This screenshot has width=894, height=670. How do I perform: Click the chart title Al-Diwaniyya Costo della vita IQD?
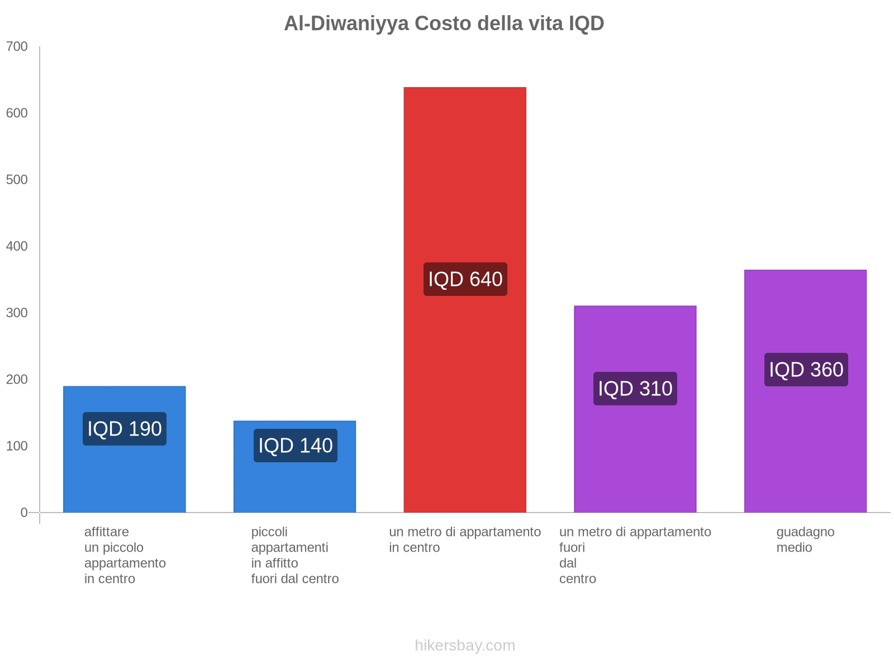pos(444,23)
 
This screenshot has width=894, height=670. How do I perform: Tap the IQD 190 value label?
pos(125,429)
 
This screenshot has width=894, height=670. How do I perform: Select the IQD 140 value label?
pos(295,446)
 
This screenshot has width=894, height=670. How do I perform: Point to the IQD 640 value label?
pos(465,279)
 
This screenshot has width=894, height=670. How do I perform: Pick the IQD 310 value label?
pos(635,389)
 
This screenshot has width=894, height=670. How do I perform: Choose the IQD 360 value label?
pos(806,370)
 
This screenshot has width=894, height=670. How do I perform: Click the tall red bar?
pos(465,167)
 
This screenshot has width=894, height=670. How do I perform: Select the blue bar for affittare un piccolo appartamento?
pos(125,480)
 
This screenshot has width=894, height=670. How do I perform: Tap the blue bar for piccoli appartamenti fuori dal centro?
pos(295,486)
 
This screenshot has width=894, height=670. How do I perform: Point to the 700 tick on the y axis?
pos(17,47)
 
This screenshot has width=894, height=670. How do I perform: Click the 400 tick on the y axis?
pos(17,246)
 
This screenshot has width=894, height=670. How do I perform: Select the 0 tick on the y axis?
pos(24,513)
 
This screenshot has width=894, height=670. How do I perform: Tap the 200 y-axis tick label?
pos(17,380)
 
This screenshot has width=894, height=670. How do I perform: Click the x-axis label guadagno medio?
pos(805,539)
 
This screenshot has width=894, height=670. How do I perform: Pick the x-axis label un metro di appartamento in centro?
pos(465,539)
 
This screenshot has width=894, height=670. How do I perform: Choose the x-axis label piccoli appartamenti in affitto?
pos(295,555)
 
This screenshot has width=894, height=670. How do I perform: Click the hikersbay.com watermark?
pos(465,645)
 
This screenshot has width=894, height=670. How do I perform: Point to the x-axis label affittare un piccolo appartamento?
pos(125,555)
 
